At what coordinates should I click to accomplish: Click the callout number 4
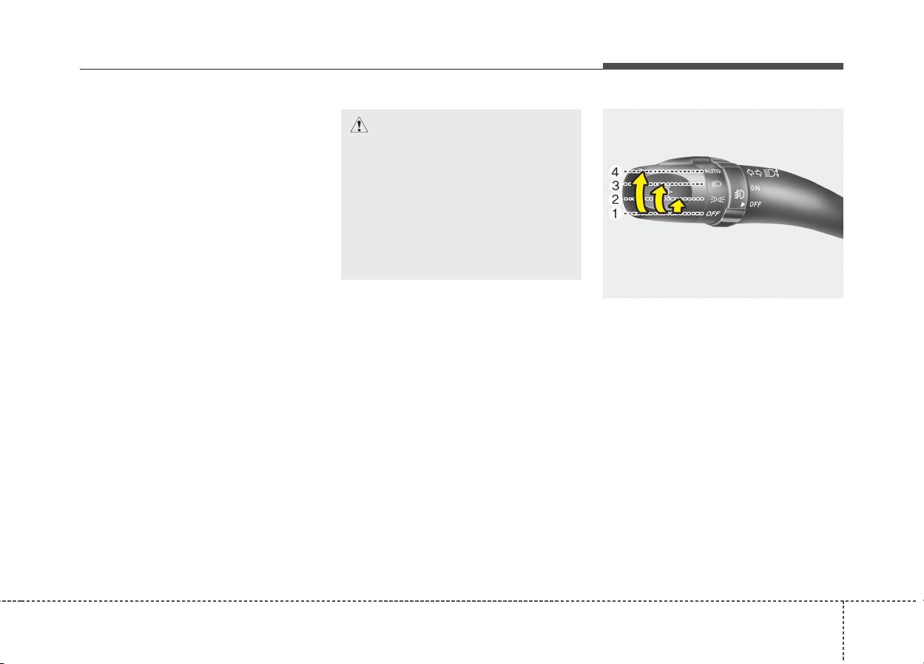pos(615,172)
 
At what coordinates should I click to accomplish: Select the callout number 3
pos(616,186)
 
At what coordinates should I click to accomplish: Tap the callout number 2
pos(616,200)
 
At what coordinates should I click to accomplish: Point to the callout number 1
pos(616,214)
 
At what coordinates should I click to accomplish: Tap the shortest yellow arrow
pos(678,206)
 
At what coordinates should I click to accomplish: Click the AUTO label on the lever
pos(712,171)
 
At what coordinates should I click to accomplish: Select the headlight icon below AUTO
pos(717,184)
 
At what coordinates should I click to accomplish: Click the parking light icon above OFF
pos(718,200)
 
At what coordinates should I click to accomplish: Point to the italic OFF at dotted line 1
pos(713,214)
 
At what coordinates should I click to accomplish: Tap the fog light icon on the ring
pos(739,194)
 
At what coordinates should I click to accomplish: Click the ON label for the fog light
pos(755,188)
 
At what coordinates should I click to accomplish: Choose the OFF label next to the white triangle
pos(755,204)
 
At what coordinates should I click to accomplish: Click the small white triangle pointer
pos(743,204)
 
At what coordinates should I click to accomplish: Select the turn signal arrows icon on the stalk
pos(755,173)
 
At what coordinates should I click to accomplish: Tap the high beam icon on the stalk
pos(771,173)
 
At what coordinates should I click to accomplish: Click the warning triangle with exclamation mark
pos(359,125)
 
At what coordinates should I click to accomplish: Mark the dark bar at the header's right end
pos(723,66)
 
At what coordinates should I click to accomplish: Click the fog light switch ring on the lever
pos(738,194)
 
